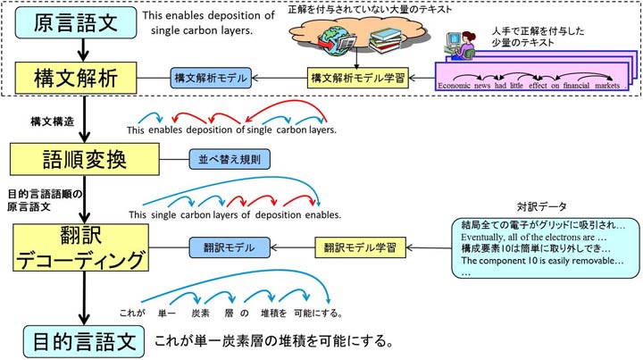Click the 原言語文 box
pos(77,22)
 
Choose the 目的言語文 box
pos(81,340)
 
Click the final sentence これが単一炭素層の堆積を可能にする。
pos(273,341)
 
